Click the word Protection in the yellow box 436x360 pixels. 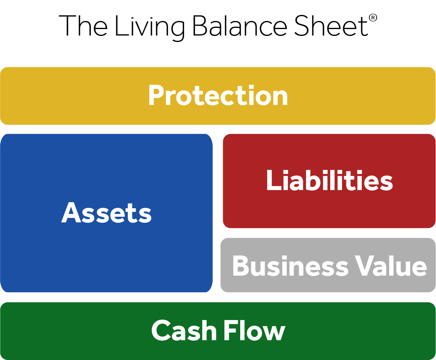[218, 96]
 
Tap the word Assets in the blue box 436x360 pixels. [107, 213]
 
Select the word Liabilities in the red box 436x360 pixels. [329, 180]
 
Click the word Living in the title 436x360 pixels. [149, 26]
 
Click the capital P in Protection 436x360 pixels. [156, 96]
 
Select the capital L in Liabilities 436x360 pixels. [272, 180]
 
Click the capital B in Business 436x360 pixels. [241, 266]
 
